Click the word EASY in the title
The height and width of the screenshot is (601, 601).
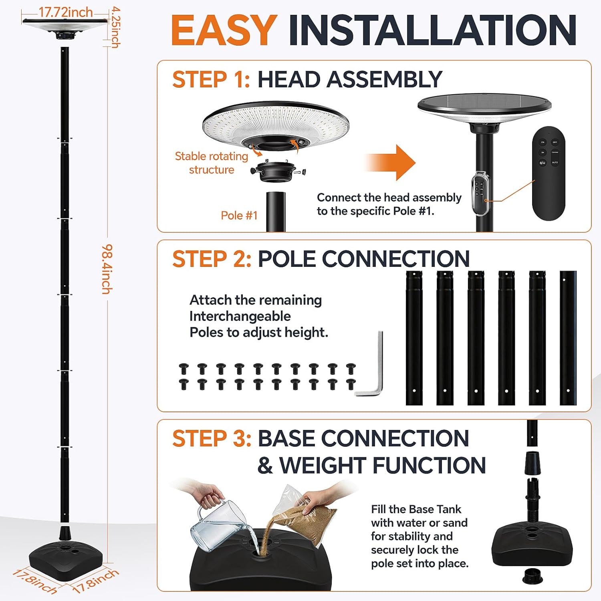[x=224, y=30]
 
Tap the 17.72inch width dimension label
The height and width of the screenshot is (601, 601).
[x=65, y=12]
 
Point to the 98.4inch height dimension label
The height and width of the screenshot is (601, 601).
[x=107, y=269]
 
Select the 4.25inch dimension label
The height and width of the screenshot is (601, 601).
[x=115, y=27]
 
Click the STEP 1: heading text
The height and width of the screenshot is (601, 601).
[x=211, y=79]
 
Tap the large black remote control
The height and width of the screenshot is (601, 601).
[x=548, y=173]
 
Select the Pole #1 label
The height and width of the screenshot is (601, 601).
[x=239, y=216]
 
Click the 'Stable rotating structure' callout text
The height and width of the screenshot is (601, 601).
[x=212, y=163]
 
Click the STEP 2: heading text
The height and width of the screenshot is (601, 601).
[x=212, y=259]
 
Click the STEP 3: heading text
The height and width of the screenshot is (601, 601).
[x=212, y=438]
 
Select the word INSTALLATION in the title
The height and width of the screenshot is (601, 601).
[x=432, y=30]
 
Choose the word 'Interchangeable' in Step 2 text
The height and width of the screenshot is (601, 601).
[x=240, y=316]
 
